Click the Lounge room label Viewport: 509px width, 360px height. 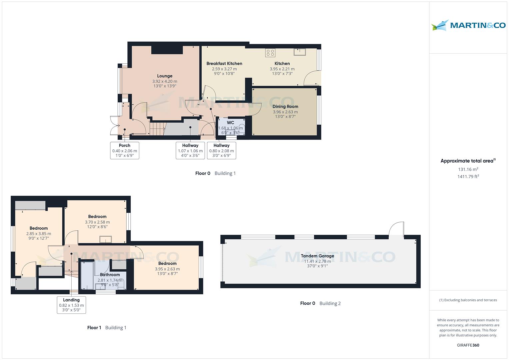pos(165,76)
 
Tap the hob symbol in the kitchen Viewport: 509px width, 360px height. pos(270,52)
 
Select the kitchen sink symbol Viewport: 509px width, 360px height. pos(300,52)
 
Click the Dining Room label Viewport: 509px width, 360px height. pos(285,107)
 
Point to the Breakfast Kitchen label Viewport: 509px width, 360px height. pos(224,64)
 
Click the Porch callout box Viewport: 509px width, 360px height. pos(125,150)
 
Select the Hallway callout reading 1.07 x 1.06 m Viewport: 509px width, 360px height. pos(190,150)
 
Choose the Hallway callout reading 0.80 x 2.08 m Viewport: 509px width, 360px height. pos(222,150)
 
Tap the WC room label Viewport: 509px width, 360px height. pos(230,123)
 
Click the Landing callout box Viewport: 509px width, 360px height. pos(71,305)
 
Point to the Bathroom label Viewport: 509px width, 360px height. pos(110,275)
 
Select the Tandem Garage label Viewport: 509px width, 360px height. pos(317,256)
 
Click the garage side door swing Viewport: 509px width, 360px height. pos(397,230)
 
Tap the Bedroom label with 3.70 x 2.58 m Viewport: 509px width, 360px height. pos(97,217)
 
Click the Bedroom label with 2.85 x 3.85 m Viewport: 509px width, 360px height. pos(39,229)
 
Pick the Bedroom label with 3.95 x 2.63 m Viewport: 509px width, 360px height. pos(167,264)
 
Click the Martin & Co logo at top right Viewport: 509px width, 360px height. pos(468,25)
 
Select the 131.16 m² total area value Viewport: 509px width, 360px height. pos(468,169)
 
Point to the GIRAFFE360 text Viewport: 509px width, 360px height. pos(468,345)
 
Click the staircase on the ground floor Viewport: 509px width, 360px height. pos(157,129)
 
